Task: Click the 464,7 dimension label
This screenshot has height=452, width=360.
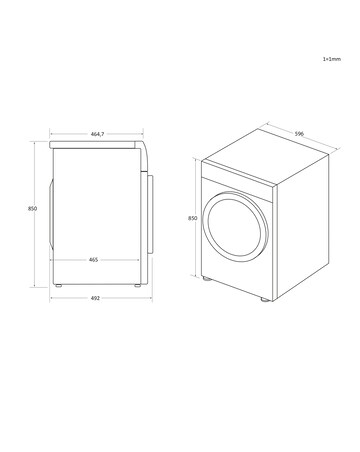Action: point(98,133)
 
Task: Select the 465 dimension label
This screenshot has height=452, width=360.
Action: point(93,260)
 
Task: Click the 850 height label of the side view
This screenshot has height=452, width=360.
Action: point(33,208)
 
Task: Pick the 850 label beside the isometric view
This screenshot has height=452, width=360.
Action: point(192,217)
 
